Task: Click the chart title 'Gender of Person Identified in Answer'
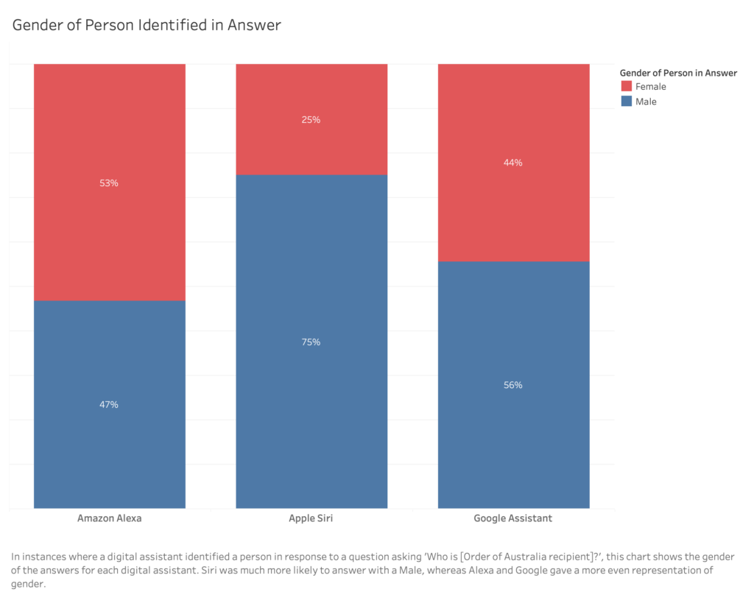pos(146,25)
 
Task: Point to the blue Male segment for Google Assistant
pos(513,442)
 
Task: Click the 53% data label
pos(109,183)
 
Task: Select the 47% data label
pos(109,404)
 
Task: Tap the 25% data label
pos(311,119)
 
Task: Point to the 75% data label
pos(311,342)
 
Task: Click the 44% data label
pos(513,163)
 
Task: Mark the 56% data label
pos(513,385)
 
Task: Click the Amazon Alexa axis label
pos(109,518)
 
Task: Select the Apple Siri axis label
pos(311,518)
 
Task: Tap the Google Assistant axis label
pos(513,518)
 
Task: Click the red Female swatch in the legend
pos(626,87)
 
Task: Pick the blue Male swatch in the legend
pos(626,102)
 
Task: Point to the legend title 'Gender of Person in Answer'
pos(678,73)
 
